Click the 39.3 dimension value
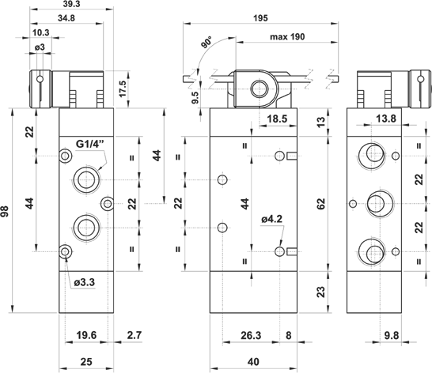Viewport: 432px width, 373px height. pos(72,4)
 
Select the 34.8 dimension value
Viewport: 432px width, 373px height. pos(66,18)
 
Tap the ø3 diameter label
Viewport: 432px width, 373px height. pos(40,47)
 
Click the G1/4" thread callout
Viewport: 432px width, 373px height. pos(90,144)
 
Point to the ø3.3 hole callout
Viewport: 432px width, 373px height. pos(85,282)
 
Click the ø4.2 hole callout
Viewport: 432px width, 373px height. pos(272,219)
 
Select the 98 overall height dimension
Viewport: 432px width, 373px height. pos(6,211)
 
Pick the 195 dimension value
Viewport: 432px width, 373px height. pos(260,18)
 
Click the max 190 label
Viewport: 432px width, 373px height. pos(287,36)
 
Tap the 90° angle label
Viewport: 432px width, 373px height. pos(207,42)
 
